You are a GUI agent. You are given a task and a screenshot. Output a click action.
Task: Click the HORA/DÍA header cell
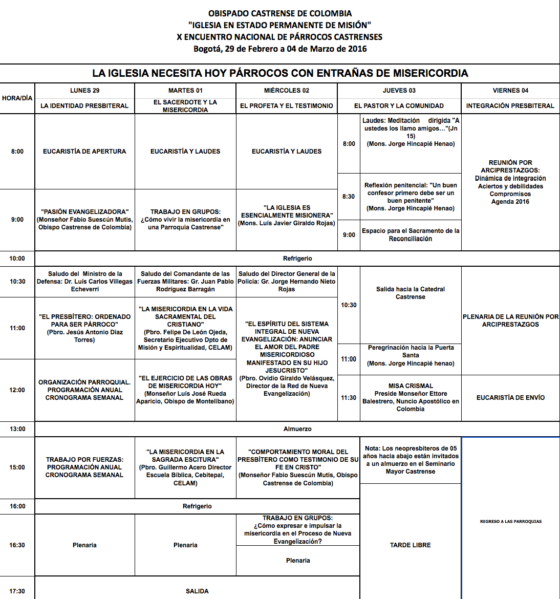(x=17, y=98)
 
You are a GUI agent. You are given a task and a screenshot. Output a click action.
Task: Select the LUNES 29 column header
(x=84, y=91)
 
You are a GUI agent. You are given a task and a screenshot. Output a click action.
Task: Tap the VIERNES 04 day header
(x=510, y=91)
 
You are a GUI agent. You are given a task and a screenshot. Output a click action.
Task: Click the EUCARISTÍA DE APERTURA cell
(x=84, y=152)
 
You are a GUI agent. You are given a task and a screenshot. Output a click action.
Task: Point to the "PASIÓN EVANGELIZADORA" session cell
(x=84, y=219)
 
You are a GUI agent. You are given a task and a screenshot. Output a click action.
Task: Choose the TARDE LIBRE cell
(x=411, y=545)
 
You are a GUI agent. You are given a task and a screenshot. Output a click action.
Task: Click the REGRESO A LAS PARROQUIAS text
(x=510, y=522)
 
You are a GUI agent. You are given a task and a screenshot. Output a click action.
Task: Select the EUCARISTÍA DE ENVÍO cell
(x=510, y=398)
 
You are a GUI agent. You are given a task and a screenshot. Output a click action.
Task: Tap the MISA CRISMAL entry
(x=411, y=397)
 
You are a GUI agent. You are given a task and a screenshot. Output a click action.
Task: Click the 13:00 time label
(x=17, y=429)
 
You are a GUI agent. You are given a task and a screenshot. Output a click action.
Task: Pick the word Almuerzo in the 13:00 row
(x=297, y=429)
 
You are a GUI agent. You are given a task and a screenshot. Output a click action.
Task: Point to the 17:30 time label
(x=17, y=591)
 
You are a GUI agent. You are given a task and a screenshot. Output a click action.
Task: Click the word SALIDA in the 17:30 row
(x=197, y=591)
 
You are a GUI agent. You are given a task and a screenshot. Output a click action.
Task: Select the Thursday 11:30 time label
(x=349, y=398)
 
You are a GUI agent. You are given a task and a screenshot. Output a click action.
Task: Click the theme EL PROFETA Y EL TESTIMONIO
(x=287, y=106)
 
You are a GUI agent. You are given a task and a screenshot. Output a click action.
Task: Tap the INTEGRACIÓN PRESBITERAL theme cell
(x=510, y=106)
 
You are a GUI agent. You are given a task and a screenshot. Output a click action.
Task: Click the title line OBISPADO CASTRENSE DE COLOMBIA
(x=280, y=13)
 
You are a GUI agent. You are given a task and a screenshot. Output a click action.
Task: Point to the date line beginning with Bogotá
(x=280, y=49)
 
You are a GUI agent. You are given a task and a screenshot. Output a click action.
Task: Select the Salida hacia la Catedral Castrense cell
(x=411, y=293)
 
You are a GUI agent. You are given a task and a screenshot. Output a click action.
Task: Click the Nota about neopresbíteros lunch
(x=411, y=460)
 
